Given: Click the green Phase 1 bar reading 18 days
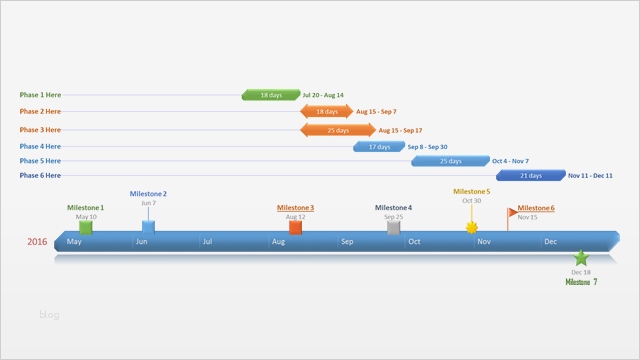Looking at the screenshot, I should click(x=271, y=95).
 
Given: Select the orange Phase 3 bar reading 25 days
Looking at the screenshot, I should click(x=338, y=130).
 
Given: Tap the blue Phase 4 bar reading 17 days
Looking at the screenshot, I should click(x=379, y=147).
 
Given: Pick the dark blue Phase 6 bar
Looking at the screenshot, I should click(x=530, y=175).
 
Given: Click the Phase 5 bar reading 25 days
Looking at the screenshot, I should click(x=450, y=161).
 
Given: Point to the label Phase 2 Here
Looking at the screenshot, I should click(x=40, y=112).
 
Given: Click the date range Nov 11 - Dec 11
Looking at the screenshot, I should click(x=590, y=176).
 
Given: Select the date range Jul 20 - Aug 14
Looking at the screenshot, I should click(x=323, y=96).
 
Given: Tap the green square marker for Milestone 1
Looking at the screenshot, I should click(x=86, y=227).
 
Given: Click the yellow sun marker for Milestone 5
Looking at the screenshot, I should click(x=472, y=227).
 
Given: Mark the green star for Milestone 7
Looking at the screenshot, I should click(x=581, y=258).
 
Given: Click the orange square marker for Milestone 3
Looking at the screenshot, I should click(x=295, y=227).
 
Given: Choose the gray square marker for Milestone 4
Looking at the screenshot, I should click(x=394, y=227).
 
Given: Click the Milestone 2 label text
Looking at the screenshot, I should click(x=148, y=194).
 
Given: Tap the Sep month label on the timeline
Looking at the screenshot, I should click(x=347, y=242).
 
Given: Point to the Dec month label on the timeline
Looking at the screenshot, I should click(x=550, y=242).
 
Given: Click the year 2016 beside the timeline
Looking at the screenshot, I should click(x=37, y=242).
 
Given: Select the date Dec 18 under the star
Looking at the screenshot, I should click(x=581, y=272).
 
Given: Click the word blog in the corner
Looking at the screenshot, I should click(x=49, y=315).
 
